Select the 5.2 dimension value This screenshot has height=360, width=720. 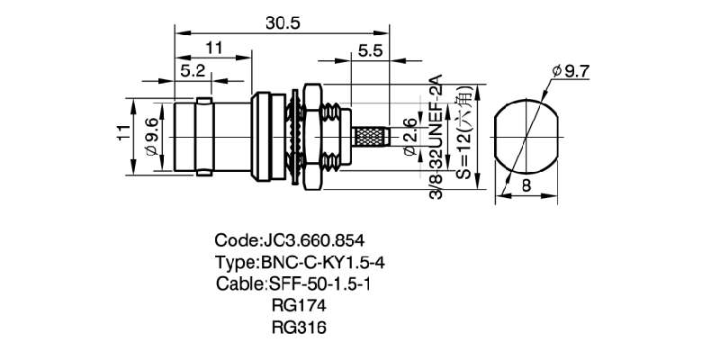point(191,69)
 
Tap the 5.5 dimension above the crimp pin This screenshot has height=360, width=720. point(370,52)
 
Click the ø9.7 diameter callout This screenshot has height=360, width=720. point(570,70)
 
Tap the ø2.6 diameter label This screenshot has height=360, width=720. point(409,137)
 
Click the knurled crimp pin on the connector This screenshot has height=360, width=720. point(368,139)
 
